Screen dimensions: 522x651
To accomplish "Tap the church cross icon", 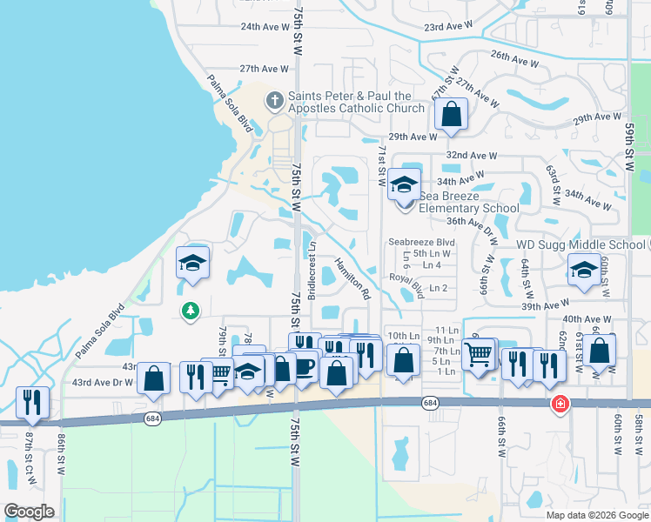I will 274,99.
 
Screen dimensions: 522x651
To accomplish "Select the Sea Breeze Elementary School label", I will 468,202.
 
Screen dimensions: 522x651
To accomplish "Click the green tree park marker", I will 191,310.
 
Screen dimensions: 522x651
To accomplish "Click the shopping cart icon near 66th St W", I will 479,353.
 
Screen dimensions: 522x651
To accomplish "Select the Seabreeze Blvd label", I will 422,242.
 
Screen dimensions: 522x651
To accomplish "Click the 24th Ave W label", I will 264,27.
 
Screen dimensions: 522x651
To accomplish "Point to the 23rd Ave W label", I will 448,27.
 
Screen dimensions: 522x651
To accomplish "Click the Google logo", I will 29,511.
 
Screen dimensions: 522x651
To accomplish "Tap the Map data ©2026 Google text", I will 596,515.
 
